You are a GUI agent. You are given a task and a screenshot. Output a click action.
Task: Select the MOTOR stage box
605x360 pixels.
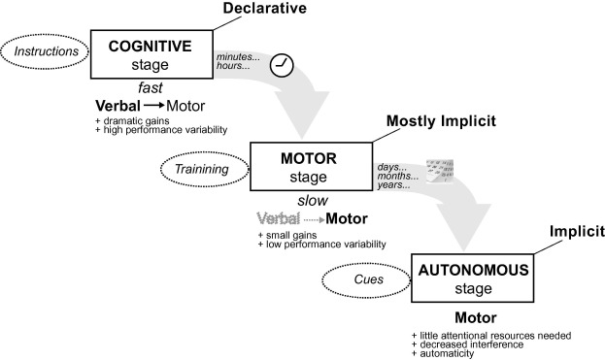coord(311,169)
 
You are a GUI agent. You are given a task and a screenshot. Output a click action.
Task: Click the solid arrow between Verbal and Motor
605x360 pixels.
coord(150,106)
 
